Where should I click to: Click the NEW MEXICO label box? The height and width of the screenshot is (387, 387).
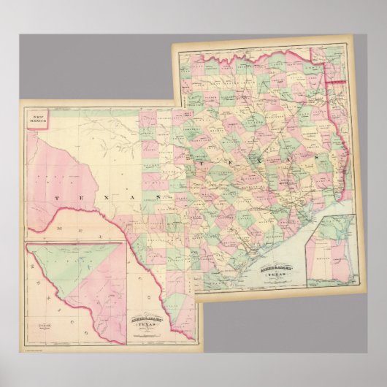click(34, 118)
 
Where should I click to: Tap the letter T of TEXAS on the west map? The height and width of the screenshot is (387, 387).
click(55, 198)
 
